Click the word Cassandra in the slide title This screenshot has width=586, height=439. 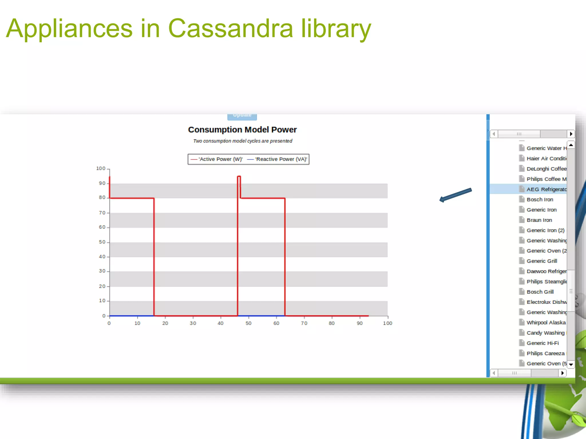[230, 28]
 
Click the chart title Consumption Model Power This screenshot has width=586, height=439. [242, 129]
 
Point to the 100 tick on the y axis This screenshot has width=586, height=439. [101, 168]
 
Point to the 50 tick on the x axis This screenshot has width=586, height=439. [248, 323]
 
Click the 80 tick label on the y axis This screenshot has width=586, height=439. [102, 197]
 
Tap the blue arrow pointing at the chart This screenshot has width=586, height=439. [455, 195]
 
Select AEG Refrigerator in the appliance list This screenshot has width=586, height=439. [546, 189]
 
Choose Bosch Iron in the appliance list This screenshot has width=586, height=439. [540, 199]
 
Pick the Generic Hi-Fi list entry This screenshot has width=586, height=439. [543, 343]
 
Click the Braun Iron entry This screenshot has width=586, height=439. [539, 220]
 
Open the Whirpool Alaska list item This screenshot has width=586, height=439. [546, 322]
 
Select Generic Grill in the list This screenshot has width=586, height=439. [542, 261]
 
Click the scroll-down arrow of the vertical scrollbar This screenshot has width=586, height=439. [571, 364]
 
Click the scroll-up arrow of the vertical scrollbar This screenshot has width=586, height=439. [571, 145]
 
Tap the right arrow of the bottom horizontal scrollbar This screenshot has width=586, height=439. [563, 373]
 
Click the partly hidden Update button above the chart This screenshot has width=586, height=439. [242, 116]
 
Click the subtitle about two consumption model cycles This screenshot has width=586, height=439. [242, 141]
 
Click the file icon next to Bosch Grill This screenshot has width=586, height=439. [522, 292]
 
